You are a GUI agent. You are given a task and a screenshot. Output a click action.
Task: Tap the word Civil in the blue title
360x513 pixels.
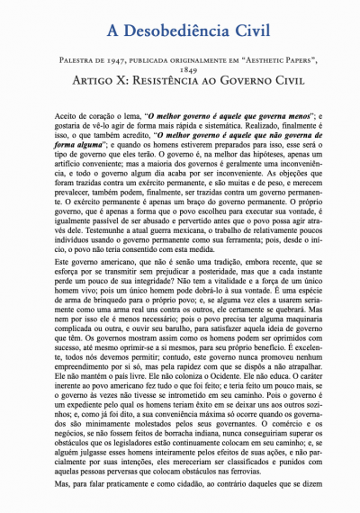point(246,31)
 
